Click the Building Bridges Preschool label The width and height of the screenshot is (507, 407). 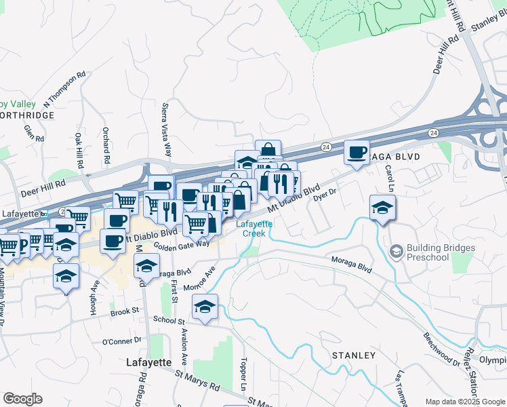[437, 253]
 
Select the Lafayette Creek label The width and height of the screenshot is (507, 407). [254, 229]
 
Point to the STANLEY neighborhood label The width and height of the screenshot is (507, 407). [353, 355]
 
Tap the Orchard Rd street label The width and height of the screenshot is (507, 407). [106, 147]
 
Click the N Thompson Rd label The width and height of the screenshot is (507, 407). [65, 90]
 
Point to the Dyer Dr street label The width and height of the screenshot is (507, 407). [325, 195]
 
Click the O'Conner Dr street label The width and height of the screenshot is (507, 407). [123, 341]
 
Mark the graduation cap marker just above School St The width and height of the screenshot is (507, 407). [205, 307]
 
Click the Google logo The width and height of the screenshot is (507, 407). [22, 399]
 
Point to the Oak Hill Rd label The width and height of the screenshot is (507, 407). [79, 151]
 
